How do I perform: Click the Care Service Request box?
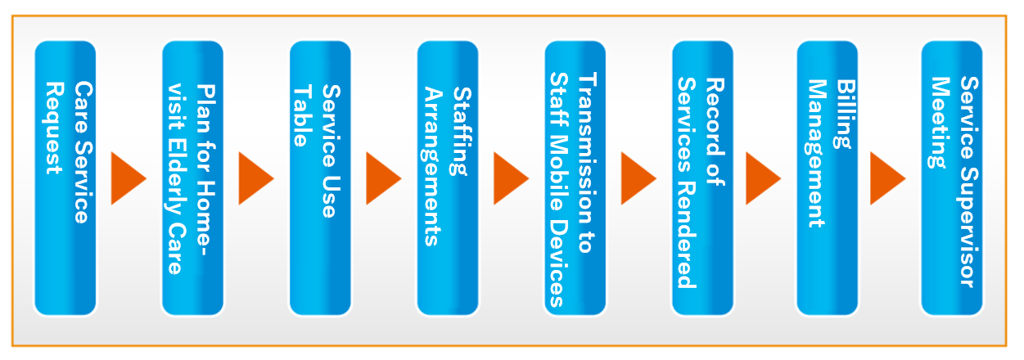65,178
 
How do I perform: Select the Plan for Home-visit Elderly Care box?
193,178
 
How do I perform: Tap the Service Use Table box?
320,178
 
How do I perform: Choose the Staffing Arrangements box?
448,178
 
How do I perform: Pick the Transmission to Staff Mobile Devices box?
575,178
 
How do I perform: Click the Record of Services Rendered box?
702,178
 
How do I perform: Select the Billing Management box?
828,178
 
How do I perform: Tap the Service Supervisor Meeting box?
952,178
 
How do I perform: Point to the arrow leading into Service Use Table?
255,178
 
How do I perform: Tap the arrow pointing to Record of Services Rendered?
637,178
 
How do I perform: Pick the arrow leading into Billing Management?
763,178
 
